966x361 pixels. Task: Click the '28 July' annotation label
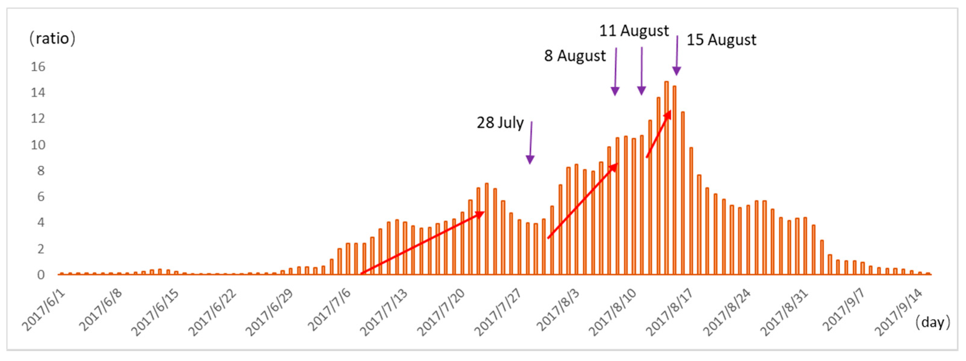pyautogui.click(x=500, y=123)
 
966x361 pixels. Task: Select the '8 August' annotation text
pyautogui.click(x=575, y=56)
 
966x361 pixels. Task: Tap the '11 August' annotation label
pyautogui.click(x=634, y=31)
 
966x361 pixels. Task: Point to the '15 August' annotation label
pyautogui.click(x=721, y=40)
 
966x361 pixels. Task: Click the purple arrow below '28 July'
pyautogui.click(x=530, y=143)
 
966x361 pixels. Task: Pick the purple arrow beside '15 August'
pyautogui.click(x=677, y=55)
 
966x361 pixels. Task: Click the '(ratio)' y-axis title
pyautogui.click(x=52, y=39)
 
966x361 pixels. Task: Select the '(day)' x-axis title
pyautogui.click(x=933, y=322)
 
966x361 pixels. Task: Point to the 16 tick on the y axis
pyautogui.click(x=38, y=67)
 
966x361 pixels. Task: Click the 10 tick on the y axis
pyautogui.click(x=38, y=144)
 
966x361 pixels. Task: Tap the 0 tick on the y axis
pyautogui.click(x=41, y=275)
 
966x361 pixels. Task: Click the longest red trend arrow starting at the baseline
pyautogui.click(x=422, y=243)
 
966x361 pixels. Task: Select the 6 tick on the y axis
pyautogui.click(x=41, y=197)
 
